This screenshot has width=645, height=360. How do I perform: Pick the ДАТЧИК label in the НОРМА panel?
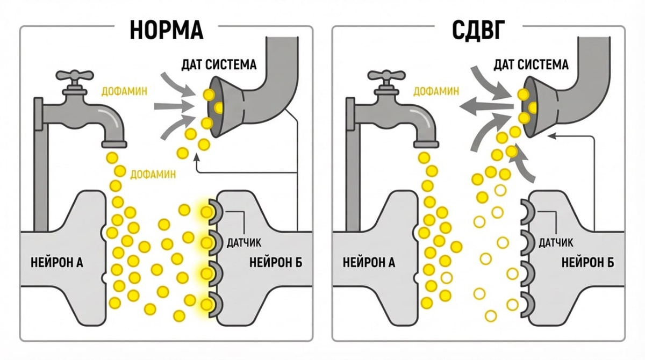tap(245, 243)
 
